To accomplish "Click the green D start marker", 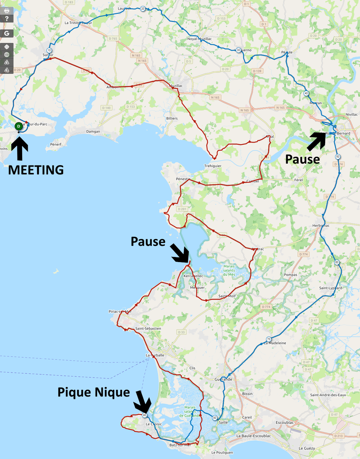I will pyautogui.click(x=18, y=126).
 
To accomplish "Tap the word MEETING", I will pyautogui.click(x=36, y=169).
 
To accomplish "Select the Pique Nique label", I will pyautogui.click(x=94, y=392).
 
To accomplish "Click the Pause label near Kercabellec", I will pyautogui.click(x=148, y=241).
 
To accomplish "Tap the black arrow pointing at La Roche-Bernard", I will pyautogui.click(x=317, y=140).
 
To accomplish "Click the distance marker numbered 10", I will pyautogui.click(x=49, y=50).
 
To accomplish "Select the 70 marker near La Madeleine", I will pyautogui.click(x=269, y=339).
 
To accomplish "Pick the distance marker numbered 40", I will pyautogui.click(x=306, y=93).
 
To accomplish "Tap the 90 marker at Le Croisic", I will pyautogui.click(x=144, y=415).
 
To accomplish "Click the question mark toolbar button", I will pyautogui.click(x=6, y=19).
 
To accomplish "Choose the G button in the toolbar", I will pyautogui.click(x=6, y=33).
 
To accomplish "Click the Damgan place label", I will pyautogui.click(x=93, y=131).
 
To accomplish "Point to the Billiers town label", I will pyautogui.click(x=172, y=118).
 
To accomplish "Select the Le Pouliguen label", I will pyautogui.click(x=222, y=452).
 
